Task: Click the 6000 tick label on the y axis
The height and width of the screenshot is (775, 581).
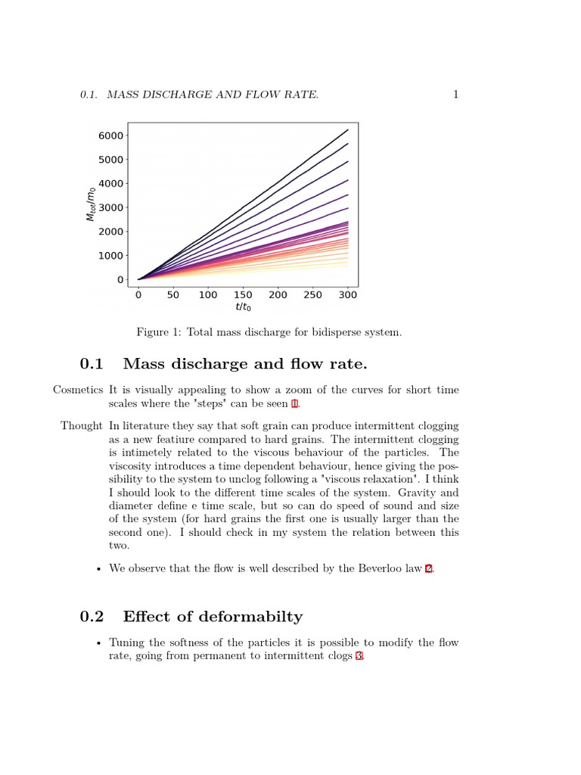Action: point(110,135)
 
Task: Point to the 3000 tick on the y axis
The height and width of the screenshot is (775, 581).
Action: point(110,207)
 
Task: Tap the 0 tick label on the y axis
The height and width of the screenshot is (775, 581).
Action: point(120,280)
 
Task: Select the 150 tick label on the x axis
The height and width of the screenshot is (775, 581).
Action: point(243,295)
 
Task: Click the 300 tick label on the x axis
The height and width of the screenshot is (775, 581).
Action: point(348,295)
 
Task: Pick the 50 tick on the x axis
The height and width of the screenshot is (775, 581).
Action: point(173,295)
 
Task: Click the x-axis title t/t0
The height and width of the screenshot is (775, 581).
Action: point(243,308)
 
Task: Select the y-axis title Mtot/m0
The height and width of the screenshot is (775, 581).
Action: point(91,203)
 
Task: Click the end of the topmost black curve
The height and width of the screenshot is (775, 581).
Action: point(348,129)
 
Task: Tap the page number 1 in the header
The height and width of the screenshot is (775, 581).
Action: point(455,95)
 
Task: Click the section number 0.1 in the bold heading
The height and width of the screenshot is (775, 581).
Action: point(92,365)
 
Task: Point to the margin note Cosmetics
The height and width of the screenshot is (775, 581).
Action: point(77,391)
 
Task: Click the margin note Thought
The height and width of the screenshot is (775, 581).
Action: point(81,426)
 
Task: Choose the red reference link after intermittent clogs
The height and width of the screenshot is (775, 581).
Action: point(359,656)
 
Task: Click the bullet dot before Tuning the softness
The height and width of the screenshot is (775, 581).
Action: point(98,643)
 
